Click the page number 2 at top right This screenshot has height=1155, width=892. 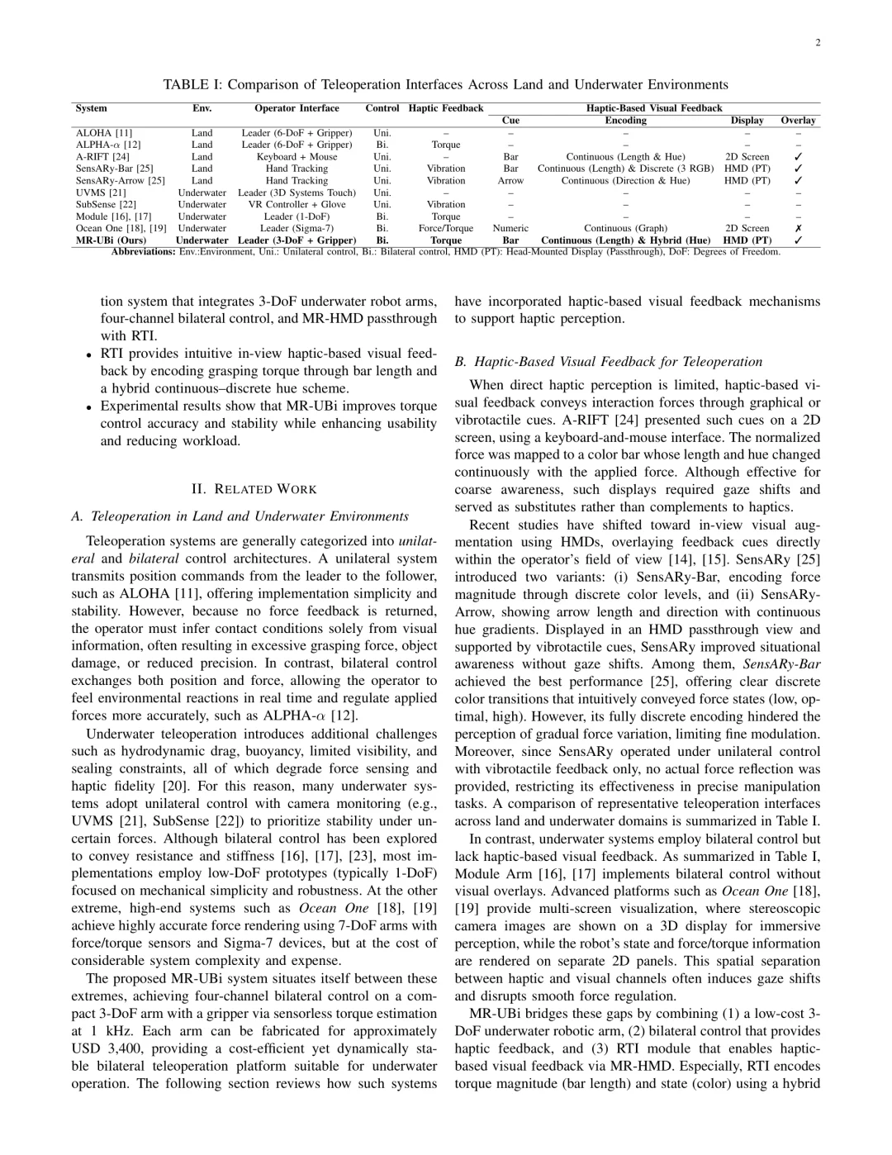coord(818,44)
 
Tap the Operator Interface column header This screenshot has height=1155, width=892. coord(297,108)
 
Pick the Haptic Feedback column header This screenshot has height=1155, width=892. coord(446,108)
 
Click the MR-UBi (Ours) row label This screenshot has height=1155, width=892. coord(111,240)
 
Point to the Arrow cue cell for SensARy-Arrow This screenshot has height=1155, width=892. coord(510,180)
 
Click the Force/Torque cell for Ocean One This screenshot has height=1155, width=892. coord(446,229)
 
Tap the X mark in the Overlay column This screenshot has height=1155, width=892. coord(798,229)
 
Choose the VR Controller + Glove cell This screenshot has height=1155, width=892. coord(297,204)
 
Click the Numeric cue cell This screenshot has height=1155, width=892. coord(510,229)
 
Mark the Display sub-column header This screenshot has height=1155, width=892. coord(747,121)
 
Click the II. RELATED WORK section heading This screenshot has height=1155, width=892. coord(254,489)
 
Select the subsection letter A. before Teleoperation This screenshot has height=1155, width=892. coord(78,516)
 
